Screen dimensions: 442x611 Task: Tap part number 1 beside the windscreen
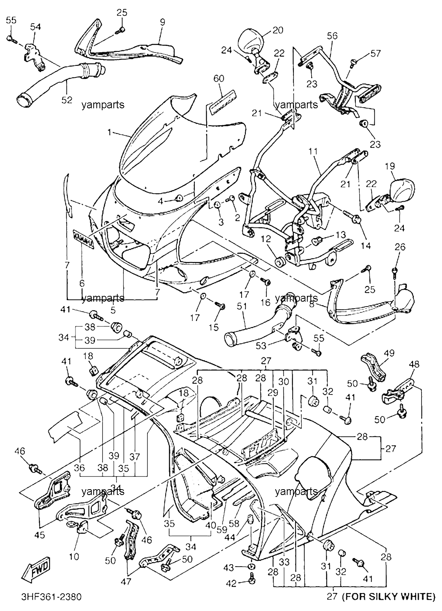pyautogui.click(x=109, y=133)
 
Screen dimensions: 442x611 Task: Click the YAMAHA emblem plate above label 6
pyautogui.click(x=84, y=239)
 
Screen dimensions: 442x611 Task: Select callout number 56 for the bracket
pyautogui.click(x=332, y=36)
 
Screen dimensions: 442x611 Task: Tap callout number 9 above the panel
pyautogui.click(x=163, y=22)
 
